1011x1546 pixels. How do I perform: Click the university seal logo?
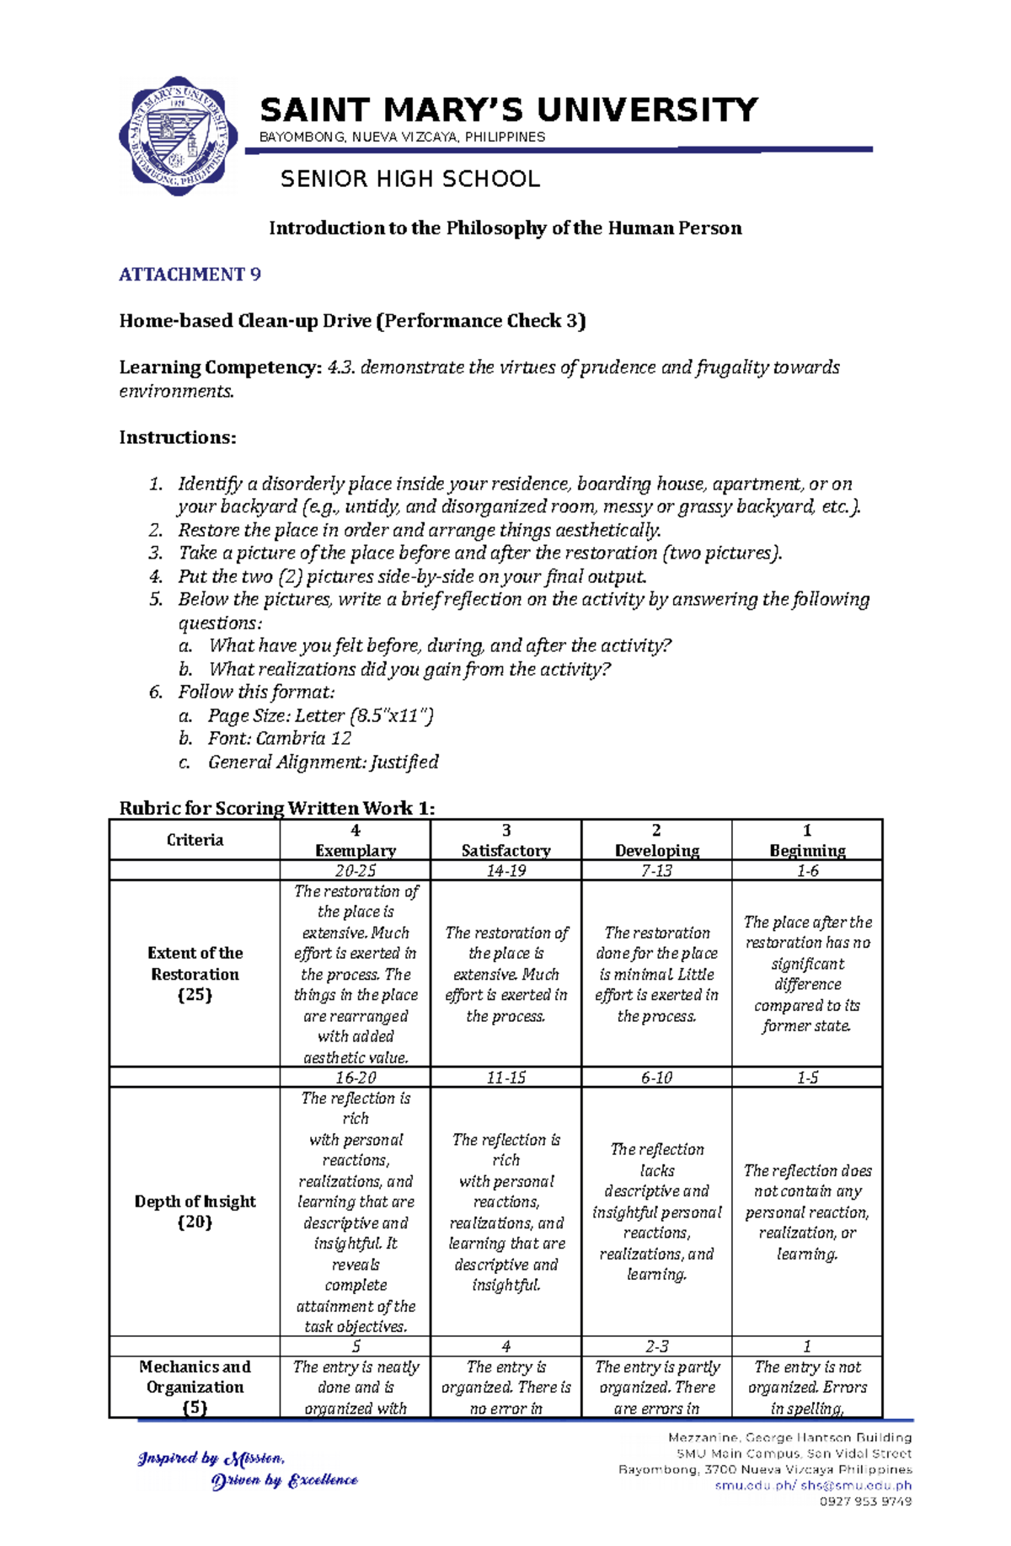(x=178, y=136)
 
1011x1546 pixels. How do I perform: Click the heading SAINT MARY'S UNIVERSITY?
(x=509, y=110)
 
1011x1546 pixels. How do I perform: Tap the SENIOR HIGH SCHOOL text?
(x=409, y=179)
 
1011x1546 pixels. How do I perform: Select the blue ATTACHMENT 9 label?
(x=190, y=275)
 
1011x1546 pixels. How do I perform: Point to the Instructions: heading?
(x=178, y=437)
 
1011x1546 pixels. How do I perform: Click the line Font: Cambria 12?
(x=280, y=739)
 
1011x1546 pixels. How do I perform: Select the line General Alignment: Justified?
(x=323, y=762)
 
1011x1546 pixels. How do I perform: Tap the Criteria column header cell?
(x=195, y=840)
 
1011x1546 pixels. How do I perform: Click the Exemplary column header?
(x=355, y=850)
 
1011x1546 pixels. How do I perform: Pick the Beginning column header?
(x=806, y=850)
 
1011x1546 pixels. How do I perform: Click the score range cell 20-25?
(x=355, y=871)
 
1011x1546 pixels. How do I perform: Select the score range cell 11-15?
(x=505, y=1078)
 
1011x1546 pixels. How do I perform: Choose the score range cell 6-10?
(x=656, y=1078)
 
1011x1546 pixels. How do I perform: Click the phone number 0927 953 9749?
(x=865, y=1501)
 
